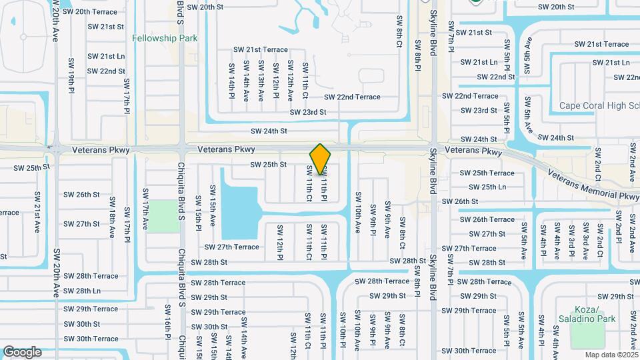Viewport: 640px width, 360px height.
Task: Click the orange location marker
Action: (321, 159)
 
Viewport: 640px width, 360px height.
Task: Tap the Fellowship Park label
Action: (165, 39)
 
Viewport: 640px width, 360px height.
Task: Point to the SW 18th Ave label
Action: (112, 214)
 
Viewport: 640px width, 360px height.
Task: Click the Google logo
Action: (22, 352)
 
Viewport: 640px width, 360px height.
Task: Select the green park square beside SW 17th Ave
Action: (163, 216)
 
